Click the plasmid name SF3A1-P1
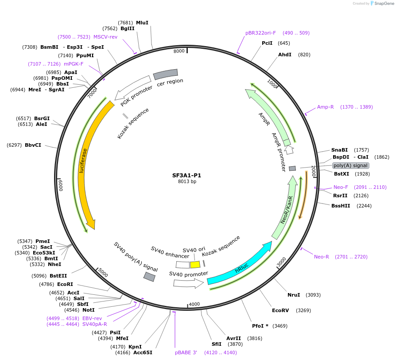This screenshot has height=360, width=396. (x=187, y=175)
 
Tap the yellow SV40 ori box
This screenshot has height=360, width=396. (x=195, y=265)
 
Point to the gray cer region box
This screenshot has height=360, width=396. (x=165, y=74)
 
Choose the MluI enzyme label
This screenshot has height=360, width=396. (x=142, y=23)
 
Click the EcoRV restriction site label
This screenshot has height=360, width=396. (x=280, y=310)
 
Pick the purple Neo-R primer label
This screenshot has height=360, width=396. (x=322, y=257)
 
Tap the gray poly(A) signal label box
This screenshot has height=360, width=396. (x=350, y=165)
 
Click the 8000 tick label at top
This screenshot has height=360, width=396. (x=179, y=51)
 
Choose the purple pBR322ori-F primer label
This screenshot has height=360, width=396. (x=260, y=33)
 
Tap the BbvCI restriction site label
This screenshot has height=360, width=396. (x=33, y=145)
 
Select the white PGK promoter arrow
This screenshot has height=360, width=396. (x=133, y=88)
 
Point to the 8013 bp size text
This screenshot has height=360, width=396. (x=187, y=182)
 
